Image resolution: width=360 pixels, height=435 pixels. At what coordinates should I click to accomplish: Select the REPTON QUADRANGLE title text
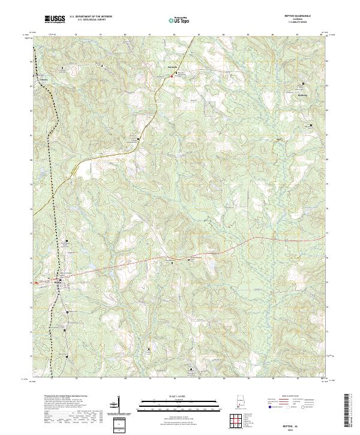pyautogui.click(x=302, y=16)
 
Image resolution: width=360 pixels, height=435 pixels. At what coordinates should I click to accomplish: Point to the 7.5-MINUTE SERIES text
pyautogui.click(x=302, y=23)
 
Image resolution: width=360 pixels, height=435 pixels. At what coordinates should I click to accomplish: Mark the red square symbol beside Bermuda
pyautogui.click(x=175, y=76)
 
